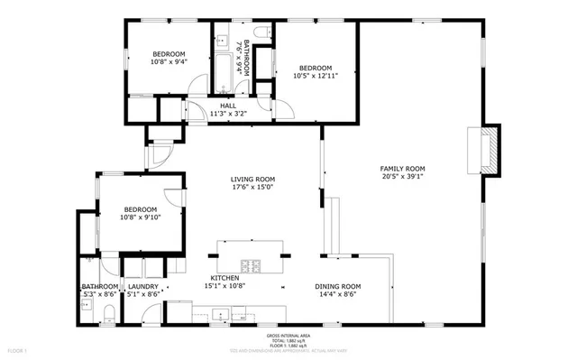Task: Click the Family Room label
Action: tap(402, 169)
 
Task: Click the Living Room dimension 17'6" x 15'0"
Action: tap(252, 189)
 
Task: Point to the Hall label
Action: tap(228, 106)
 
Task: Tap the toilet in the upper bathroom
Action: tap(261, 34)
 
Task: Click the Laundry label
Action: tap(142, 285)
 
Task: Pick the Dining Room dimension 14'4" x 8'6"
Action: tap(337, 294)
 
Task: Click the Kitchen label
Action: tap(224, 277)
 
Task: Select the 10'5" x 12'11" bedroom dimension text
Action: tap(316, 77)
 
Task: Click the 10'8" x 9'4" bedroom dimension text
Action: tap(168, 62)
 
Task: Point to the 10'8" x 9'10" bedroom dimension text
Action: tap(142, 217)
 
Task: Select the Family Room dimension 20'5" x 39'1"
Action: tap(402, 178)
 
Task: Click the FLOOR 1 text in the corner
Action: tap(18, 348)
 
